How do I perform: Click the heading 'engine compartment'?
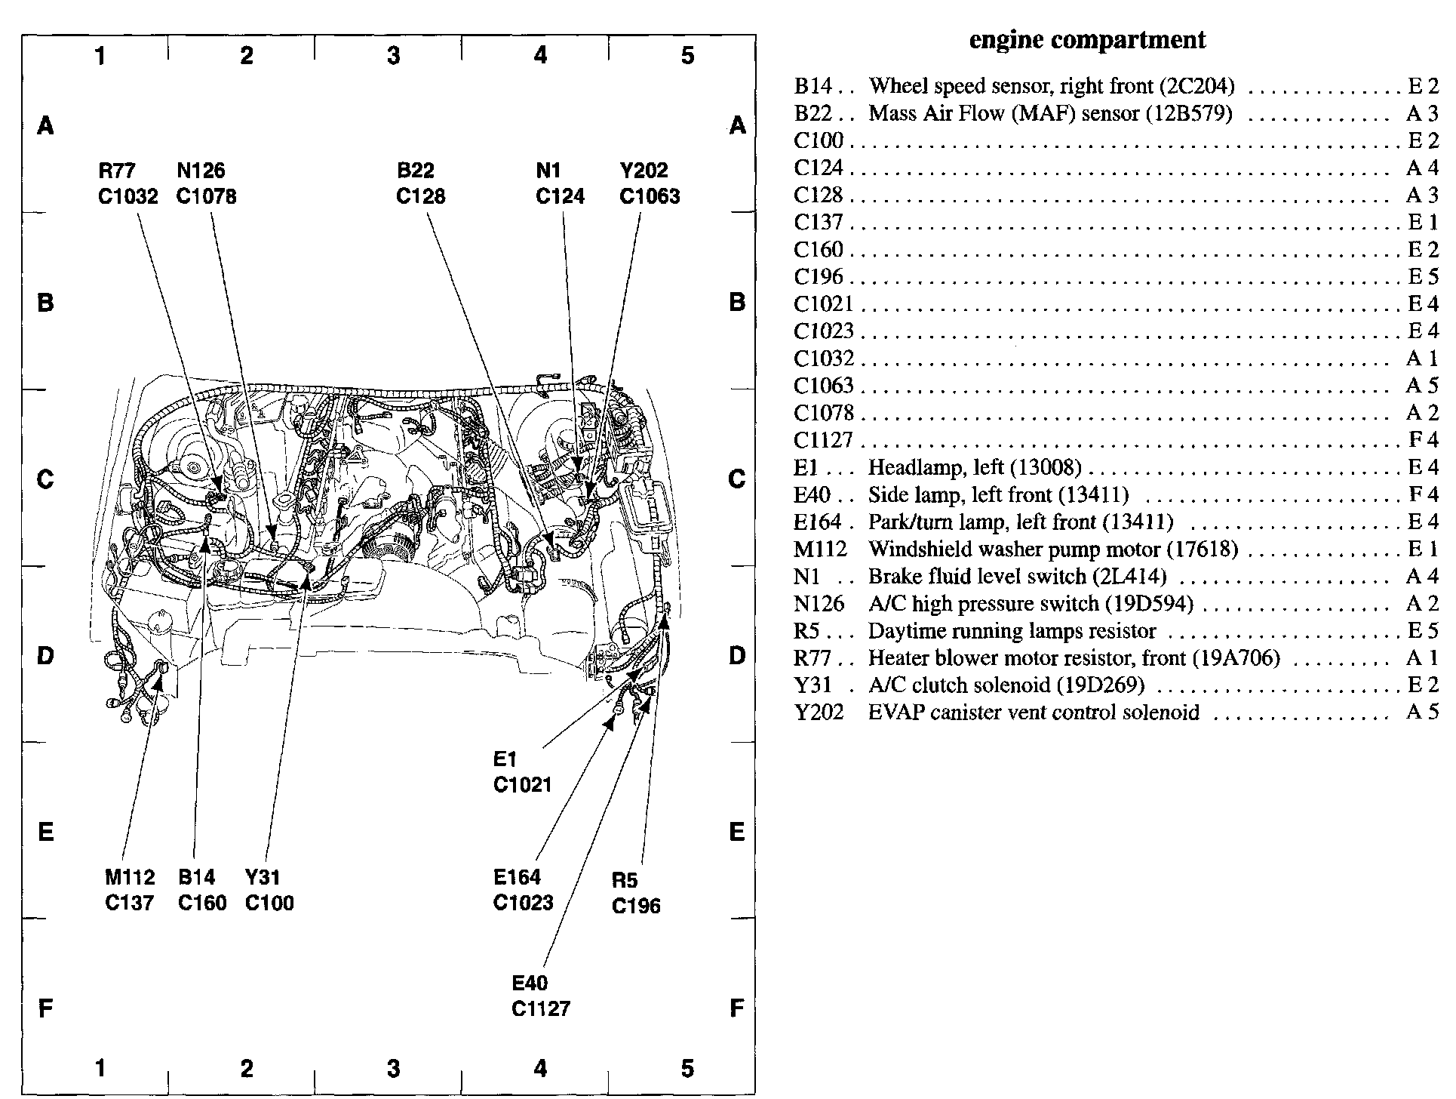(1087, 40)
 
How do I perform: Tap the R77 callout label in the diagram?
(118, 171)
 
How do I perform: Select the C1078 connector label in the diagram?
(206, 197)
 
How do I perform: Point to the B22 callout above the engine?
(415, 171)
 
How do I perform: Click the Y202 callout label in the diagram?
(644, 171)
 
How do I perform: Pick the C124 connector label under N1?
(560, 197)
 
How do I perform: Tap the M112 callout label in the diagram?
(130, 877)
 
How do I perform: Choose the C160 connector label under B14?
(202, 903)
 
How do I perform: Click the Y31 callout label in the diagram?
(262, 877)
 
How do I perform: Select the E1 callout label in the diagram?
(505, 759)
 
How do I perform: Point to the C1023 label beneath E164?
(523, 903)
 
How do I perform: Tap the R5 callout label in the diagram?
(625, 880)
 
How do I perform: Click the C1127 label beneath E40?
(541, 1008)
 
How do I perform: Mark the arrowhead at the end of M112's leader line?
(158, 682)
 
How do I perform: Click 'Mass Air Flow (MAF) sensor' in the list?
(1050, 113)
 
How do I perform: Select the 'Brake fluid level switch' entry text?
(1017, 577)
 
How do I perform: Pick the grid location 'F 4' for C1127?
(1423, 439)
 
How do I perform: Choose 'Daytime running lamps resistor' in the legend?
(1012, 631)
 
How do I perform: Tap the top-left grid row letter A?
(45, 125)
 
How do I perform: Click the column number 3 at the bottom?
(393, 1069)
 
